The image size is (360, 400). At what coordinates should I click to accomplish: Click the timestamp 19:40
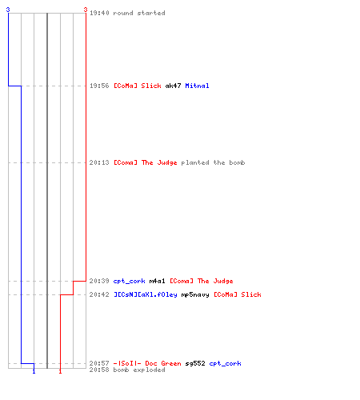99,13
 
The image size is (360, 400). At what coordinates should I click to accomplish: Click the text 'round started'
139,13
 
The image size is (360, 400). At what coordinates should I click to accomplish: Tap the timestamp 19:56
99,86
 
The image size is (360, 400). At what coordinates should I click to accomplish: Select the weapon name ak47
173,86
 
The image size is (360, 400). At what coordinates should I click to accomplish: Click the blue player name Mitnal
197,86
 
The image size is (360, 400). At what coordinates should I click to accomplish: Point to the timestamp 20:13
99,162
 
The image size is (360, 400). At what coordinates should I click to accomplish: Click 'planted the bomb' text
213,162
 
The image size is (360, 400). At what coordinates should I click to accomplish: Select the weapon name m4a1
157,281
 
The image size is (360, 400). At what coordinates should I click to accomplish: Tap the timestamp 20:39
99,281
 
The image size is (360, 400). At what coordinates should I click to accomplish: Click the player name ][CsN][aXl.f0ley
146,294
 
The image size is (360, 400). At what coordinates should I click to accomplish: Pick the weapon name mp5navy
195,294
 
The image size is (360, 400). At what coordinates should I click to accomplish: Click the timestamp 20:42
99,294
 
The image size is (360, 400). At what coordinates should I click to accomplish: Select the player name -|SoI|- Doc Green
147,363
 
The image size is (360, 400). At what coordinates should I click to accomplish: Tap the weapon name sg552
195,363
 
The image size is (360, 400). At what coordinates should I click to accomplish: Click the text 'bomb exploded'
139,370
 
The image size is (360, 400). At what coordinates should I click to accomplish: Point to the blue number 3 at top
8,10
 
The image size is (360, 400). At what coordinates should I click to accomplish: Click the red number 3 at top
86,10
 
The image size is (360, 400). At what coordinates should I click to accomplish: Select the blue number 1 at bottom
34,371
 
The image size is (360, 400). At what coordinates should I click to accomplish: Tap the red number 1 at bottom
60,371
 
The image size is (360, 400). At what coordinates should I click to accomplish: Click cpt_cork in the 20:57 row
225,363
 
